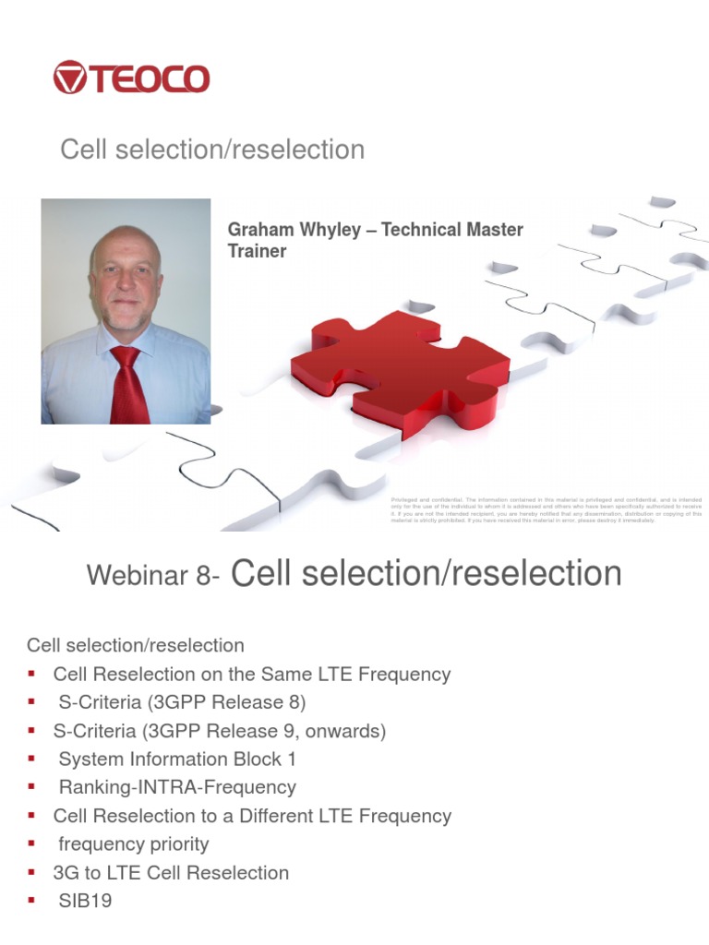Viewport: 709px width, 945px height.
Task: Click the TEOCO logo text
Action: click(x=150, y=78)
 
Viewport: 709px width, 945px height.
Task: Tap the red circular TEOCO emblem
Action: click(x=69, y=78)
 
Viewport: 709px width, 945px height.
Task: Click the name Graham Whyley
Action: click(x=288, y=229)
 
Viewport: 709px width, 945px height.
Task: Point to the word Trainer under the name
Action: click(x=257, y=251)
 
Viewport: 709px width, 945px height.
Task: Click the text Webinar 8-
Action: click(x=153, y=576)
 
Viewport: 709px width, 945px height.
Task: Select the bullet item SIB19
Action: click(x=85, y=901)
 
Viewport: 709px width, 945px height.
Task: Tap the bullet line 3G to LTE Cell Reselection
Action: click(x=171, y=872)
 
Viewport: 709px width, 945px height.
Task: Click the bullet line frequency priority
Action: click(x=134, y=843)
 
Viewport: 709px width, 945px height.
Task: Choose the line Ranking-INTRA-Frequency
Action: click(x=177, y=787)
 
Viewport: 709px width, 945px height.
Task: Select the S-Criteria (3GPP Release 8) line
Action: click(x=182, y=702)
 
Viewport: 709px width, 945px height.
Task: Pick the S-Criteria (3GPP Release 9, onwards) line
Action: click(x=220, y=731)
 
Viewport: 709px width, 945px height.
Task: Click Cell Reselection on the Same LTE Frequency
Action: click(x=252, y=674)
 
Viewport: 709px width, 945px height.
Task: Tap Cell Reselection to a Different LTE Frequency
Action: click(x=252, y=816)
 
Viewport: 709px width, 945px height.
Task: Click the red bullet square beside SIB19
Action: click(x=31, y=901)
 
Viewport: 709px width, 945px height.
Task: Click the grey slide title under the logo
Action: click(x=212, y=150)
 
